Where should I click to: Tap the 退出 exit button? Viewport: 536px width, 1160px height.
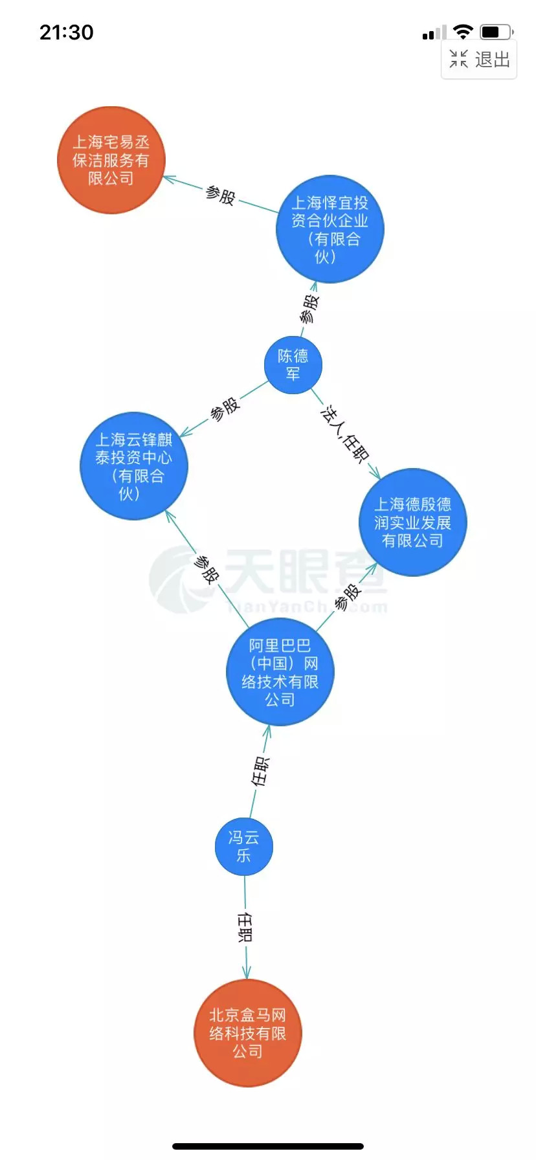coord(479,60)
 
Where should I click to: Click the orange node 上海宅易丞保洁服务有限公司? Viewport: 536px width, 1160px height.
coord(111,160)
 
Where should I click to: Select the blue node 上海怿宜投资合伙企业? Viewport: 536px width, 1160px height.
coord(330,229)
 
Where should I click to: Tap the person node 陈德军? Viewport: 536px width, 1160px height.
coord(293,365)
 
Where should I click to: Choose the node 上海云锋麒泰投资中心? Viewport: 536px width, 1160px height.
coord(134,466)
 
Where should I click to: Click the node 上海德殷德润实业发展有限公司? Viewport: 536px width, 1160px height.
coord(413,522)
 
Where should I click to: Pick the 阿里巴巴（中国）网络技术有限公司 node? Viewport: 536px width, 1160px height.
coord(280,672)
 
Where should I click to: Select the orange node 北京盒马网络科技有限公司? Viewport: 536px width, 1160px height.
coord(248,1033)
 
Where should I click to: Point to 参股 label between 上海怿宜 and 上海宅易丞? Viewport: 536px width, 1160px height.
coord(220,195)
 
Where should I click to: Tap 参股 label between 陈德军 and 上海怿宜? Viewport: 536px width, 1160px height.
coord(309,309)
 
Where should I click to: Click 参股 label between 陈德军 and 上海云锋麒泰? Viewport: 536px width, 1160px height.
coord(225,410)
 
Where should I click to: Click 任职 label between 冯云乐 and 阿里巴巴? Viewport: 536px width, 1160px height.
coord(260,771)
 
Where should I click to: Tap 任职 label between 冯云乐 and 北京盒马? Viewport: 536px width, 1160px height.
coord(245,927)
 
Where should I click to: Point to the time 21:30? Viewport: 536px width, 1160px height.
coord(67,32)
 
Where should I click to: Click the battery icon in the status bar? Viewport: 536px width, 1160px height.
coord(497,32)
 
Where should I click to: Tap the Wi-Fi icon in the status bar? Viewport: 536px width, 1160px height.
coord(463,32)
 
